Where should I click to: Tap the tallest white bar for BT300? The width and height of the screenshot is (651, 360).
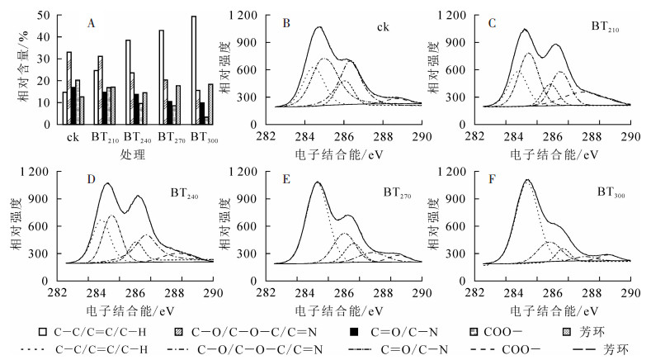click(x=195, y=70)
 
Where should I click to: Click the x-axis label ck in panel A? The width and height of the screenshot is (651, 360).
click(x=73, y=136)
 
